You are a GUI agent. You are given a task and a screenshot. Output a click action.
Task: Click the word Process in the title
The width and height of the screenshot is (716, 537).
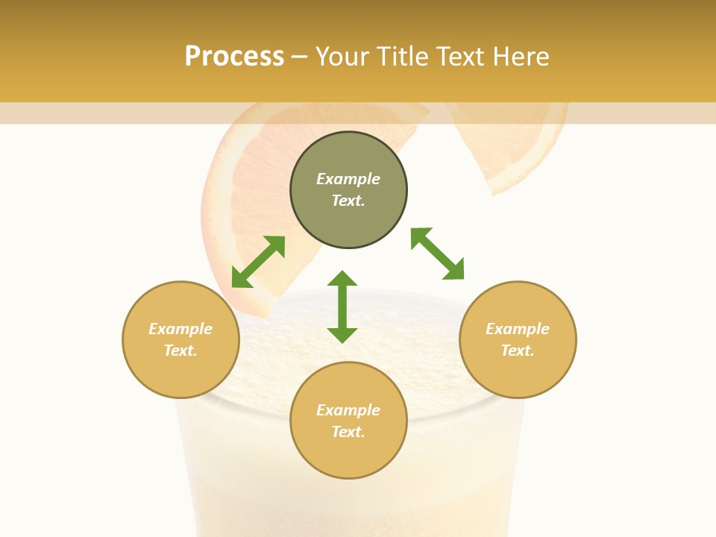point(234,57)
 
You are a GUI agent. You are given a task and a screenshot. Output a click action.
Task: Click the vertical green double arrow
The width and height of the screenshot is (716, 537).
point(342,307)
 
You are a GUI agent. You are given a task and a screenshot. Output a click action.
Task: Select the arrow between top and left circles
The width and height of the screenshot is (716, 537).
point(258,262)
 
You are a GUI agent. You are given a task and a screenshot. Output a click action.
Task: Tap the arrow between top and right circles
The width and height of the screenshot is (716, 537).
point(438,254)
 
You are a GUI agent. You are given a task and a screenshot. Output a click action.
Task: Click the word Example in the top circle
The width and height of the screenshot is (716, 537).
point(348,179)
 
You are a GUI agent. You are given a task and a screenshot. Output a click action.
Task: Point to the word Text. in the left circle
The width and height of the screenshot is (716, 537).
point(180,351)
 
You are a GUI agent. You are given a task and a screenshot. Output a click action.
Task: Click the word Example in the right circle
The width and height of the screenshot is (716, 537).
point(518,329)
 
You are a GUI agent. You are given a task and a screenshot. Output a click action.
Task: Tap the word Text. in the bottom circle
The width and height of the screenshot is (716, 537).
point(348,432)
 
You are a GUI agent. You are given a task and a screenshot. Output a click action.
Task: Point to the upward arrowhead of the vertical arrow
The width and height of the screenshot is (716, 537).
point(342,279)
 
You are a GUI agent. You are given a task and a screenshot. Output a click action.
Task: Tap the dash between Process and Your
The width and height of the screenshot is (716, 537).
point(299,57)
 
